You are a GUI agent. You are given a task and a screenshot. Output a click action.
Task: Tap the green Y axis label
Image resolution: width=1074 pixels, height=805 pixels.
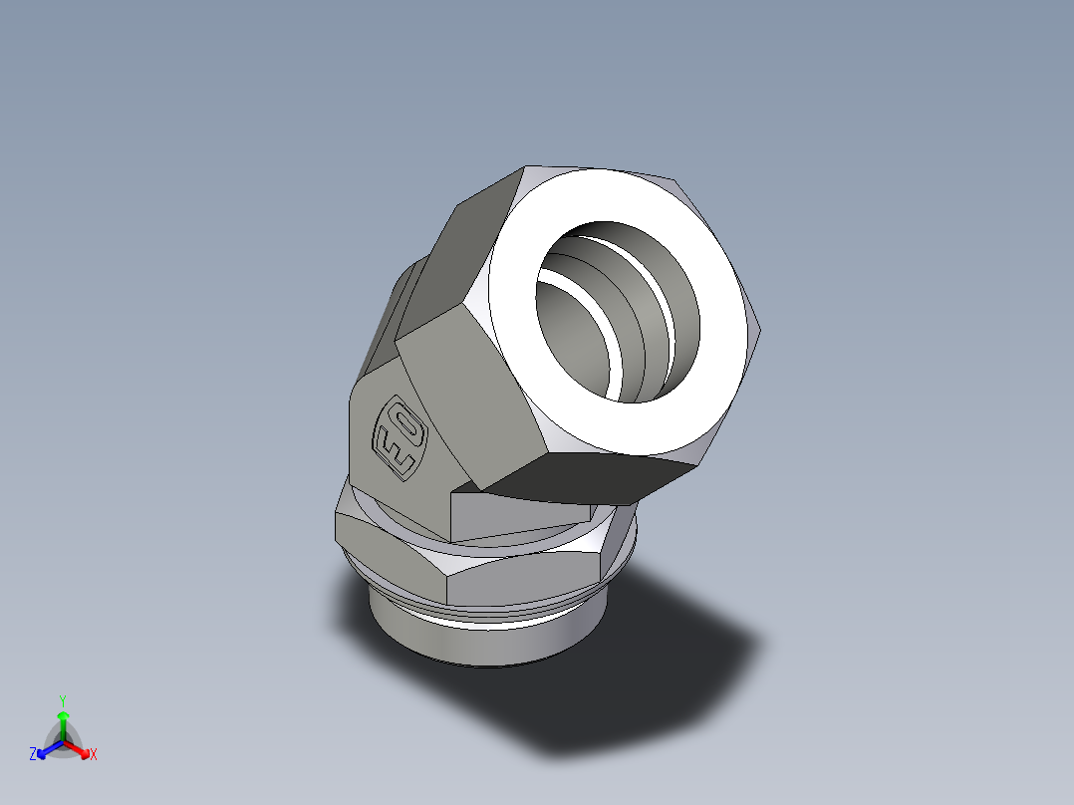[x=62, y=699]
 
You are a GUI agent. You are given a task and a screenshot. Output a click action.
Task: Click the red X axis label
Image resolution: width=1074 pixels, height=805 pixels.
[x=94, y=755]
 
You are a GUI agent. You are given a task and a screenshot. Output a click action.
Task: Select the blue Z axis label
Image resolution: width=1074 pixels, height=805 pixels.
[x=33, y=755]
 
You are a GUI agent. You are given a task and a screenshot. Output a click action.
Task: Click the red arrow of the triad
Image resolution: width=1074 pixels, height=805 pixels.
[x=81, y=749]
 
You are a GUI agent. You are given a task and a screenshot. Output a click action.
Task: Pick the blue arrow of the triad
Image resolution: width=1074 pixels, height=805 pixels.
[x=46, y=749]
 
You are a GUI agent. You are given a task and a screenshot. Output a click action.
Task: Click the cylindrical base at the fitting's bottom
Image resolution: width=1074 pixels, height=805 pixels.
[x=478, y=643]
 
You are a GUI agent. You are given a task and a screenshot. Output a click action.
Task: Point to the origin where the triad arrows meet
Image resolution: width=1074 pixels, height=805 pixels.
[x=63, y=742]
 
